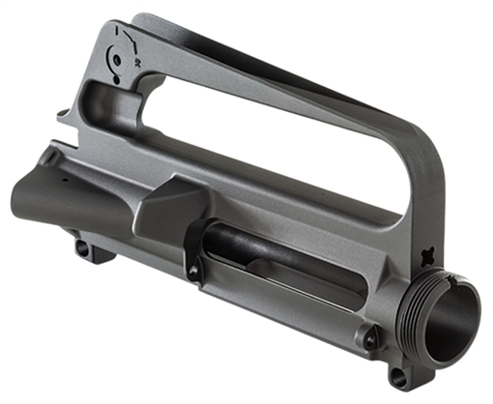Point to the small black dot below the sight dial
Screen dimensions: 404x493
[x=119, y=82]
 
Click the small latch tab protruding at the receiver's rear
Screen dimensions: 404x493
[x=62, y=115]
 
